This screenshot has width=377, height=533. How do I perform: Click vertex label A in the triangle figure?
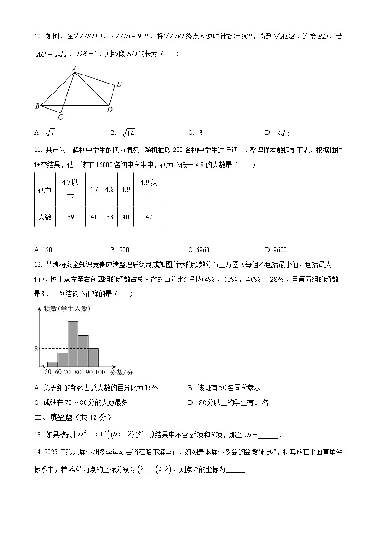pos(74,69)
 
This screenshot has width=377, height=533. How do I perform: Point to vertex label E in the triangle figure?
pos(119,84)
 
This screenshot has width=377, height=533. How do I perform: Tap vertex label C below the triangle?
pos(60,117)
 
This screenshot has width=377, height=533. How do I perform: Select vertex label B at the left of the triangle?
pos(37,106)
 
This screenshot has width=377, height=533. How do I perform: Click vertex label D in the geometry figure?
pos(110,110)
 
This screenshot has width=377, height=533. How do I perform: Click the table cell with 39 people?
pos(70,217)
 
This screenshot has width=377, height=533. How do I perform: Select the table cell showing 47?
pos(149,217)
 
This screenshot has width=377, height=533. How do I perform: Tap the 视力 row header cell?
pos(45,189)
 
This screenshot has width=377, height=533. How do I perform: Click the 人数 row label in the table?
pos(45,217)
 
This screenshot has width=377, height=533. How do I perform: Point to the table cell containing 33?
pos(109,217)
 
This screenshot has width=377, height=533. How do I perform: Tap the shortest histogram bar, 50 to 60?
pos(52,364)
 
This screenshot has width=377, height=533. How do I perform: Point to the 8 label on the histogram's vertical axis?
pos(36,349)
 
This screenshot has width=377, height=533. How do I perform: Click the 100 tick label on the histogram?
pos(100,372)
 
